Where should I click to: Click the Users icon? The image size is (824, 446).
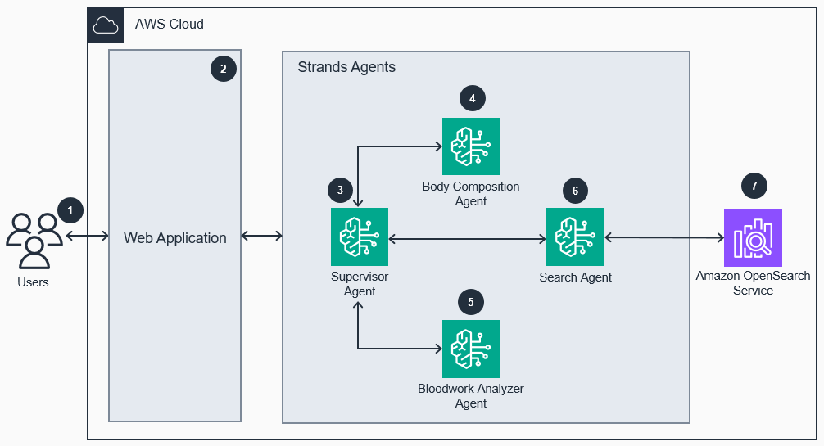34,241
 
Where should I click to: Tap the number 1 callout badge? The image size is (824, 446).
70,210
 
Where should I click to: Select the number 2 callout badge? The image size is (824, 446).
223,69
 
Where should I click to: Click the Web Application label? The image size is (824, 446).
174,238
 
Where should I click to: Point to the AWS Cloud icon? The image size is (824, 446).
106,25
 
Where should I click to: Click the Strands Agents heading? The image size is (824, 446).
346,67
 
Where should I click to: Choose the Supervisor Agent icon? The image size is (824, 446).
359,237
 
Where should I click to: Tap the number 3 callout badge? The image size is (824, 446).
340,191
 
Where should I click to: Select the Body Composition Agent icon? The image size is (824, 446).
470,146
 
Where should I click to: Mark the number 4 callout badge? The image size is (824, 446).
472,98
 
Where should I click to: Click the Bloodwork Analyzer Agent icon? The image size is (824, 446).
470,349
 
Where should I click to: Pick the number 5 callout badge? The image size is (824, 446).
470,302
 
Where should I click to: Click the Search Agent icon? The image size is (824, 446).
575,237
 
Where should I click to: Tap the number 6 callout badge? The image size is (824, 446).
575,191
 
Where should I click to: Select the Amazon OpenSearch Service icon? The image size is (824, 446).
753,237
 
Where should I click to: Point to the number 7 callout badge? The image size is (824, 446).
754,186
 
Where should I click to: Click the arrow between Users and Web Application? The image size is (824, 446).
88,237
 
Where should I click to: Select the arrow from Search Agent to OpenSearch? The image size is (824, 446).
664,237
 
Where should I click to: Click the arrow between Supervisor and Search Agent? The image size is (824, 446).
467,239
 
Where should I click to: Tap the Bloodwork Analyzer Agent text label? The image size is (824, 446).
470,396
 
